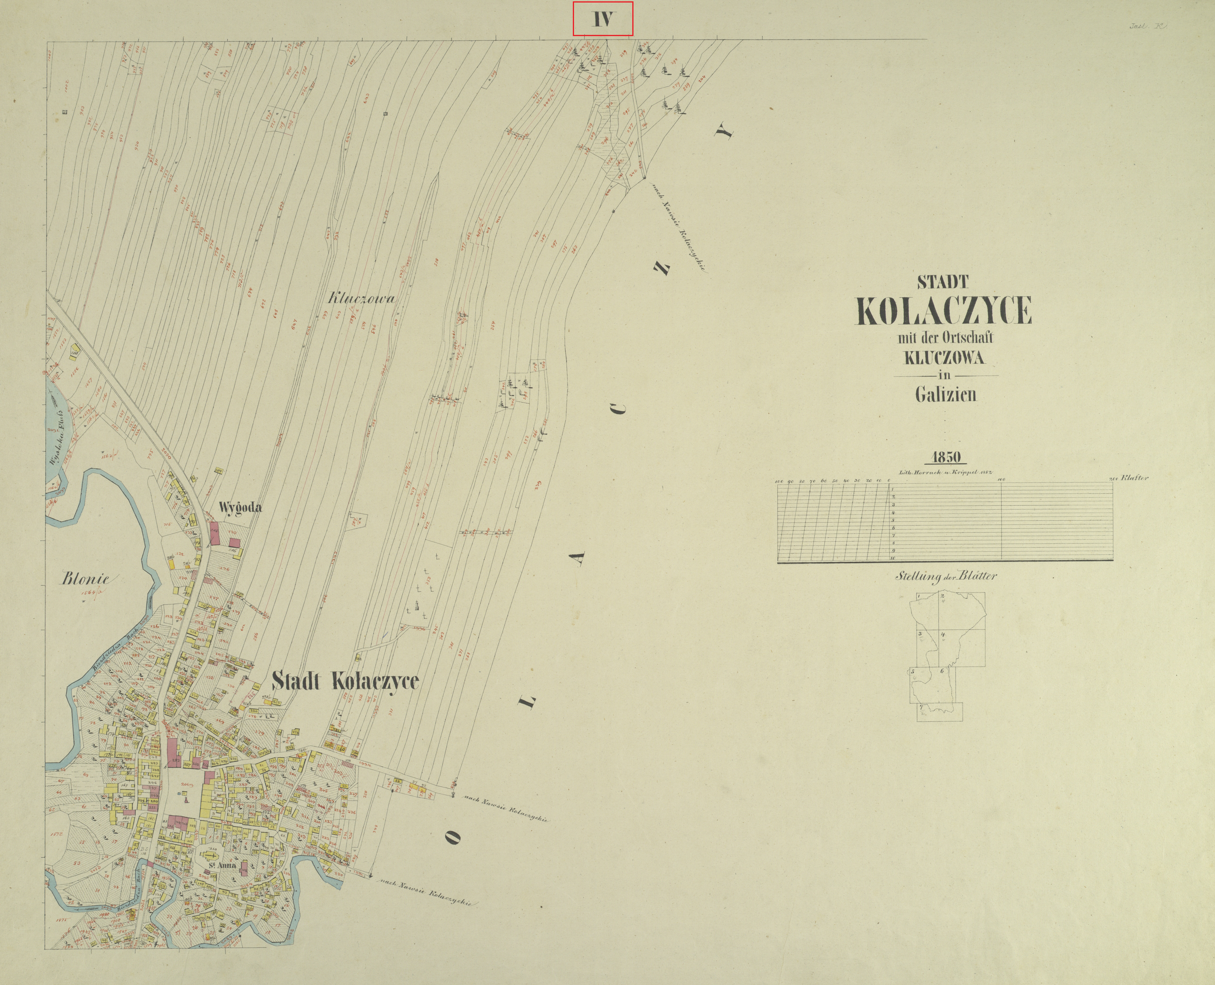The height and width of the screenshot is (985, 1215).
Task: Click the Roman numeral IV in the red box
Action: (x=602, y=20)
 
